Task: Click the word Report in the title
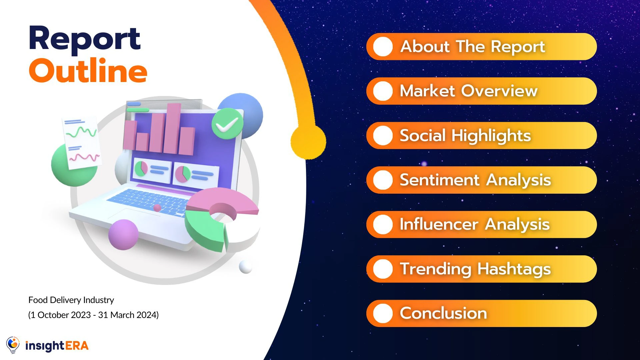tap(85, 39)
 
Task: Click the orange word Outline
tap(88, 70)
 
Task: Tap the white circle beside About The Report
tap(383, 47)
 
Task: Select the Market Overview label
tap(469, 91)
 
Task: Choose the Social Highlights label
tap(465, 136)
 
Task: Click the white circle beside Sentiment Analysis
tap(383, 180)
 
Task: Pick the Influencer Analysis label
tap(475, 224)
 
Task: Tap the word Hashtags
tap(514, 269)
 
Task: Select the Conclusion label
tap(443, 313)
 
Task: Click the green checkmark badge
tap(227, 124)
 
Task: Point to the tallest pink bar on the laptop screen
tap(172, 128)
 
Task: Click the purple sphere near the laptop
tap(123, 234)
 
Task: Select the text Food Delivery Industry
tap(71, 300)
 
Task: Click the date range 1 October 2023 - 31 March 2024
tap(93, 315)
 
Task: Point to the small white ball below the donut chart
tap(246, 267)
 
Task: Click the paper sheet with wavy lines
tap(82, 142)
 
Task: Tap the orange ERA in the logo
tap(77, 346)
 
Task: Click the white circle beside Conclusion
tap(383, 313)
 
